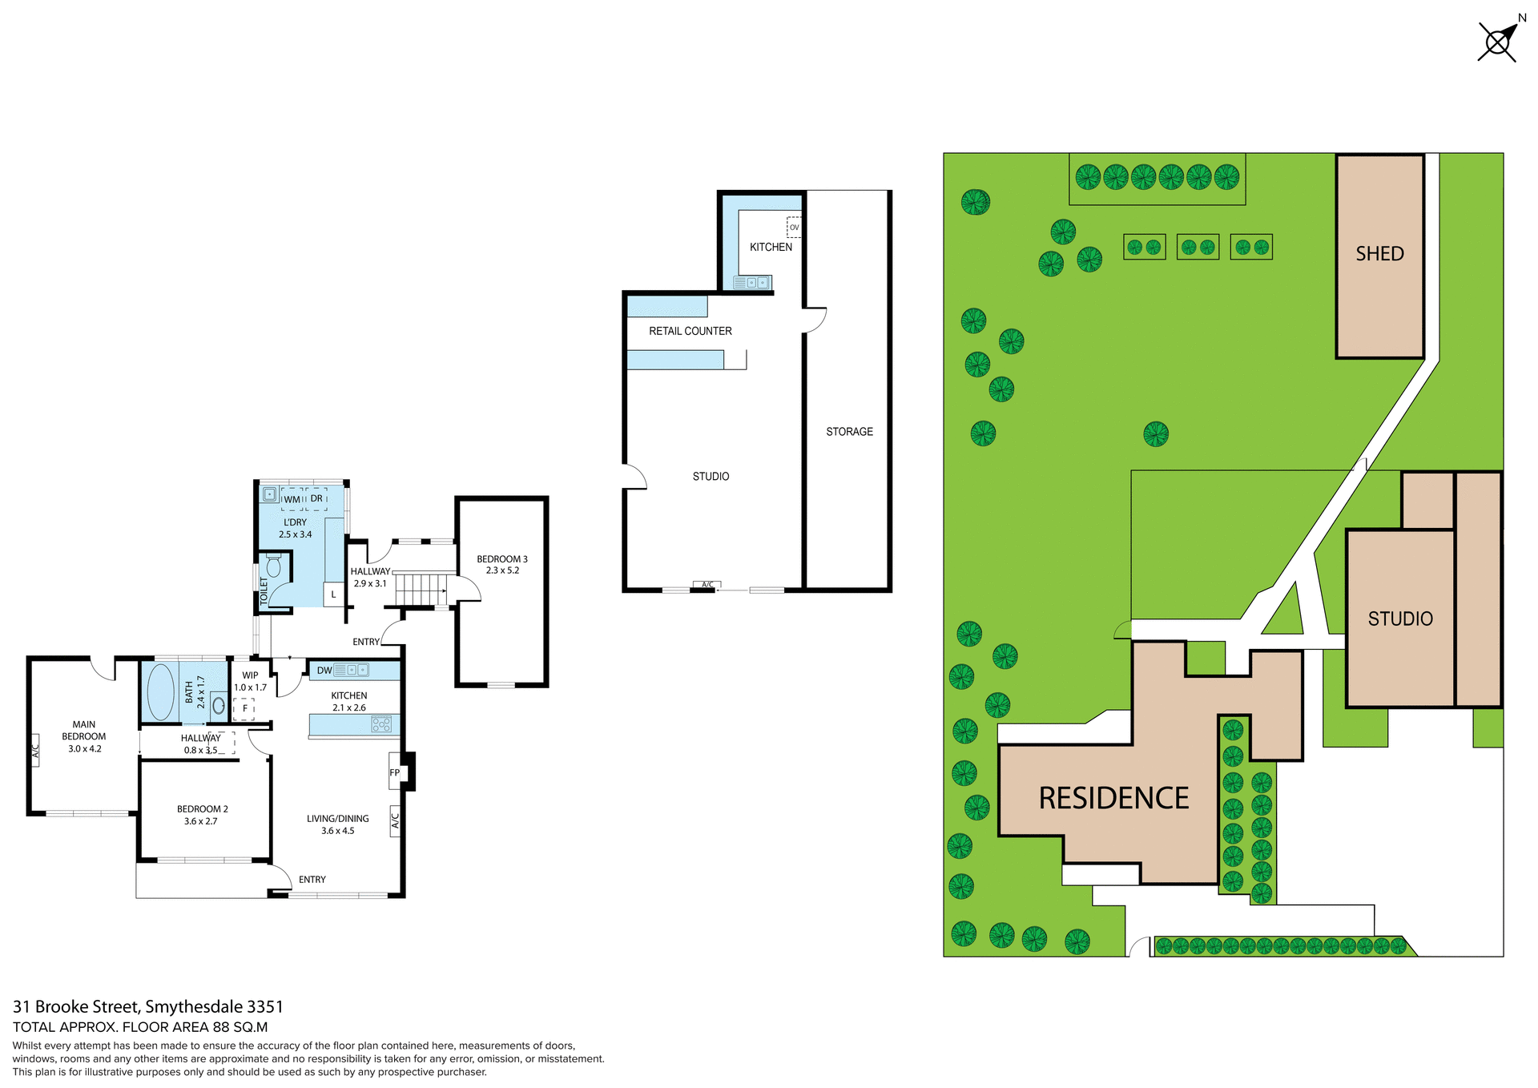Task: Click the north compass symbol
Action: click(x=1497, y=42)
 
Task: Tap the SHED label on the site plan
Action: click(x=1379, y=254)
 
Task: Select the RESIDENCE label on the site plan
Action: click(x=1113, y=799)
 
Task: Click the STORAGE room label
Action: click(x=849, y=432)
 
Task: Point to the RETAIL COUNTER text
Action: click(x=690, y=331)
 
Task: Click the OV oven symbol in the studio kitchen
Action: click(x=794, y=228)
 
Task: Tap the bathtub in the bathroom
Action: click(x=161, y=691)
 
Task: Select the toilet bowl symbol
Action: click(x=274, y=566)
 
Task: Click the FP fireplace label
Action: click(x=395, y=773)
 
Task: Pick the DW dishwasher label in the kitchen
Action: click(x=324, y=671)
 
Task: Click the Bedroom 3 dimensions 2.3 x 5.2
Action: click(x=502, y=571)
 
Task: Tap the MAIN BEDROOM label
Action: click(x=83, y=731)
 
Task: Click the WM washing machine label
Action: click(x=292, y=499)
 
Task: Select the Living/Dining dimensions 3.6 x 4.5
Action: click(x=337, y=831)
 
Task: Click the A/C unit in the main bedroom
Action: click(x=35, y=751)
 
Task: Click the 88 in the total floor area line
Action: click(x=221, y=1027)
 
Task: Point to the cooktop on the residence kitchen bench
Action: click(x=381, y=724)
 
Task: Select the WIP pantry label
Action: click(x=250, y=675)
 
